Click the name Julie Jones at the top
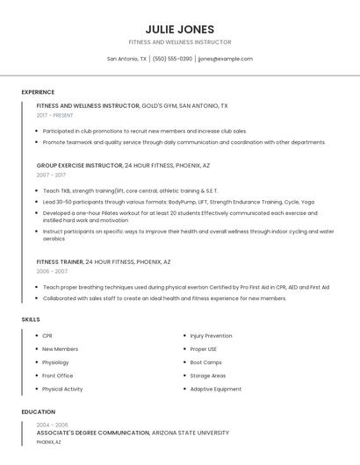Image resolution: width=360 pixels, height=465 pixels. tap(180, 29)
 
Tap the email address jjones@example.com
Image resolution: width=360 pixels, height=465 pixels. tap(225, 59)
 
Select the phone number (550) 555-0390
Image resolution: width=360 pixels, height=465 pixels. tap(172, 59)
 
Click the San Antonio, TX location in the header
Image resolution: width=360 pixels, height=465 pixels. tap(126, 59)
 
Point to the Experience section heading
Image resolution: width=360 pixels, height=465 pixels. tap(38, 92)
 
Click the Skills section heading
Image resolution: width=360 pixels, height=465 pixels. tap(31, 319)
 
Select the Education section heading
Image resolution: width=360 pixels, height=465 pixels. tap(38, 411)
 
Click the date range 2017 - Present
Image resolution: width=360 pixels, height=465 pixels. tap(55, 115)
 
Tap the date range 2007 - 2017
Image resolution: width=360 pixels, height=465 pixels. tap(51, 175)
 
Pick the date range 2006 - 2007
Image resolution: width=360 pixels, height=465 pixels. tap(51, 271)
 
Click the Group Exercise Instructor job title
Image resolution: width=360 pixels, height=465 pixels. tap(79, 165)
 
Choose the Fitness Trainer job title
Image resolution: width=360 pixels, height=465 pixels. tap(60, 261)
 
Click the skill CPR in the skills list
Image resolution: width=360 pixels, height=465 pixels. tap(47, 335)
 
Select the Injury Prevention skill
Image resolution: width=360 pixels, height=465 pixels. tap(211, 335)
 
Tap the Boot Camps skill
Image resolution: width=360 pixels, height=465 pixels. tap(205, 362)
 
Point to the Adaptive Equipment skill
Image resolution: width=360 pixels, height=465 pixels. tap(215, 389)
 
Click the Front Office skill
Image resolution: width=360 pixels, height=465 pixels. tap(57, 376)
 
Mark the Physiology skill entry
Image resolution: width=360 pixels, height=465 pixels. tap(55, 362)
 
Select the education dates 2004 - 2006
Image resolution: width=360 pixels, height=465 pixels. tap(52, 425)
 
